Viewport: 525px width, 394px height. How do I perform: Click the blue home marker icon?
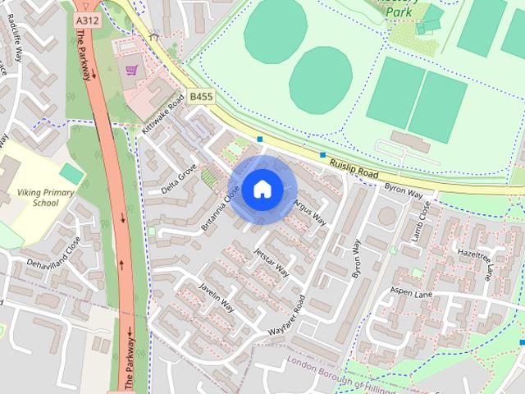click(262, 190)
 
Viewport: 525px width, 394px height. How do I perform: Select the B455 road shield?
click(201, 97)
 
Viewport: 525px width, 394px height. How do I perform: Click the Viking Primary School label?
click(38, 197)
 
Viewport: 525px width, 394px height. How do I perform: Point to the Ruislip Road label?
click(353, 169)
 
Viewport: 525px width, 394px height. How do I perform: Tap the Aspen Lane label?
click(411, 293)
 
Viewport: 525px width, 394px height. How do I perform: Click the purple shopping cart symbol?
click(130, 70)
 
